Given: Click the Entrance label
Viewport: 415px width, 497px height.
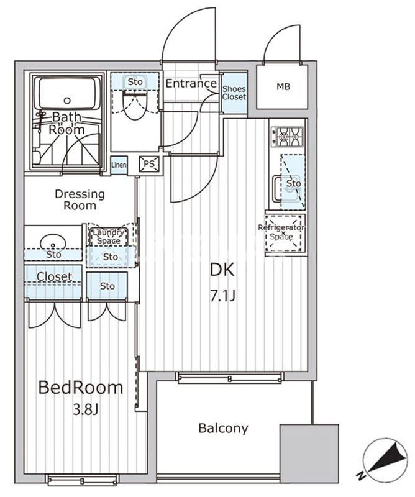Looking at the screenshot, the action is tap(191, 83).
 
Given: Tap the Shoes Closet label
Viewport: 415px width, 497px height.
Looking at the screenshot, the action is tap(234, 93).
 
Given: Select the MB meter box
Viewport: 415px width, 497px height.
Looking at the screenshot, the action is tap(282, 86).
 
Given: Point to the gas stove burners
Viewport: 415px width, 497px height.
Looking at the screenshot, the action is tap(287, 137).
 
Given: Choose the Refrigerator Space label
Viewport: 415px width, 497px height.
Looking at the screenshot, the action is tap(281, 232).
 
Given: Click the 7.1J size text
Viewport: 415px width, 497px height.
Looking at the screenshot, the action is tap(223, 296).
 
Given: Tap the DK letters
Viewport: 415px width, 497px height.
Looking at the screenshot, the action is tap(222, 270).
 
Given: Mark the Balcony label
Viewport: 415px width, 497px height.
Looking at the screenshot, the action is tap(223, 428).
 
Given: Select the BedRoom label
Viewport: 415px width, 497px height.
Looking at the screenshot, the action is tap(81, 387).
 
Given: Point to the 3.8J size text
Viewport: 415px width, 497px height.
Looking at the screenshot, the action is tap(86, 409).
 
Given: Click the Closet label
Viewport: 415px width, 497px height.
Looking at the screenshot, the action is tap(54, 276).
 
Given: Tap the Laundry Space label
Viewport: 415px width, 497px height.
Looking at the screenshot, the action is tap(109, 237).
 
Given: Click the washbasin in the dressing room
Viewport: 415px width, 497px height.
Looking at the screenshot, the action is tap(53, 242).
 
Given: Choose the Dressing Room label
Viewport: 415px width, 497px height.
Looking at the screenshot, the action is tap(80, 199).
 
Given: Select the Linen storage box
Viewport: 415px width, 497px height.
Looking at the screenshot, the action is tap(119, 165).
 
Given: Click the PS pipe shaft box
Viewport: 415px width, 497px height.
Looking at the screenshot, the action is tap(149, 164).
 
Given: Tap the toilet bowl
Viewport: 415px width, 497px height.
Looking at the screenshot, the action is tap(135, 106).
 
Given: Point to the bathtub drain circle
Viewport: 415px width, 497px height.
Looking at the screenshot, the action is tap(67, 101).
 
